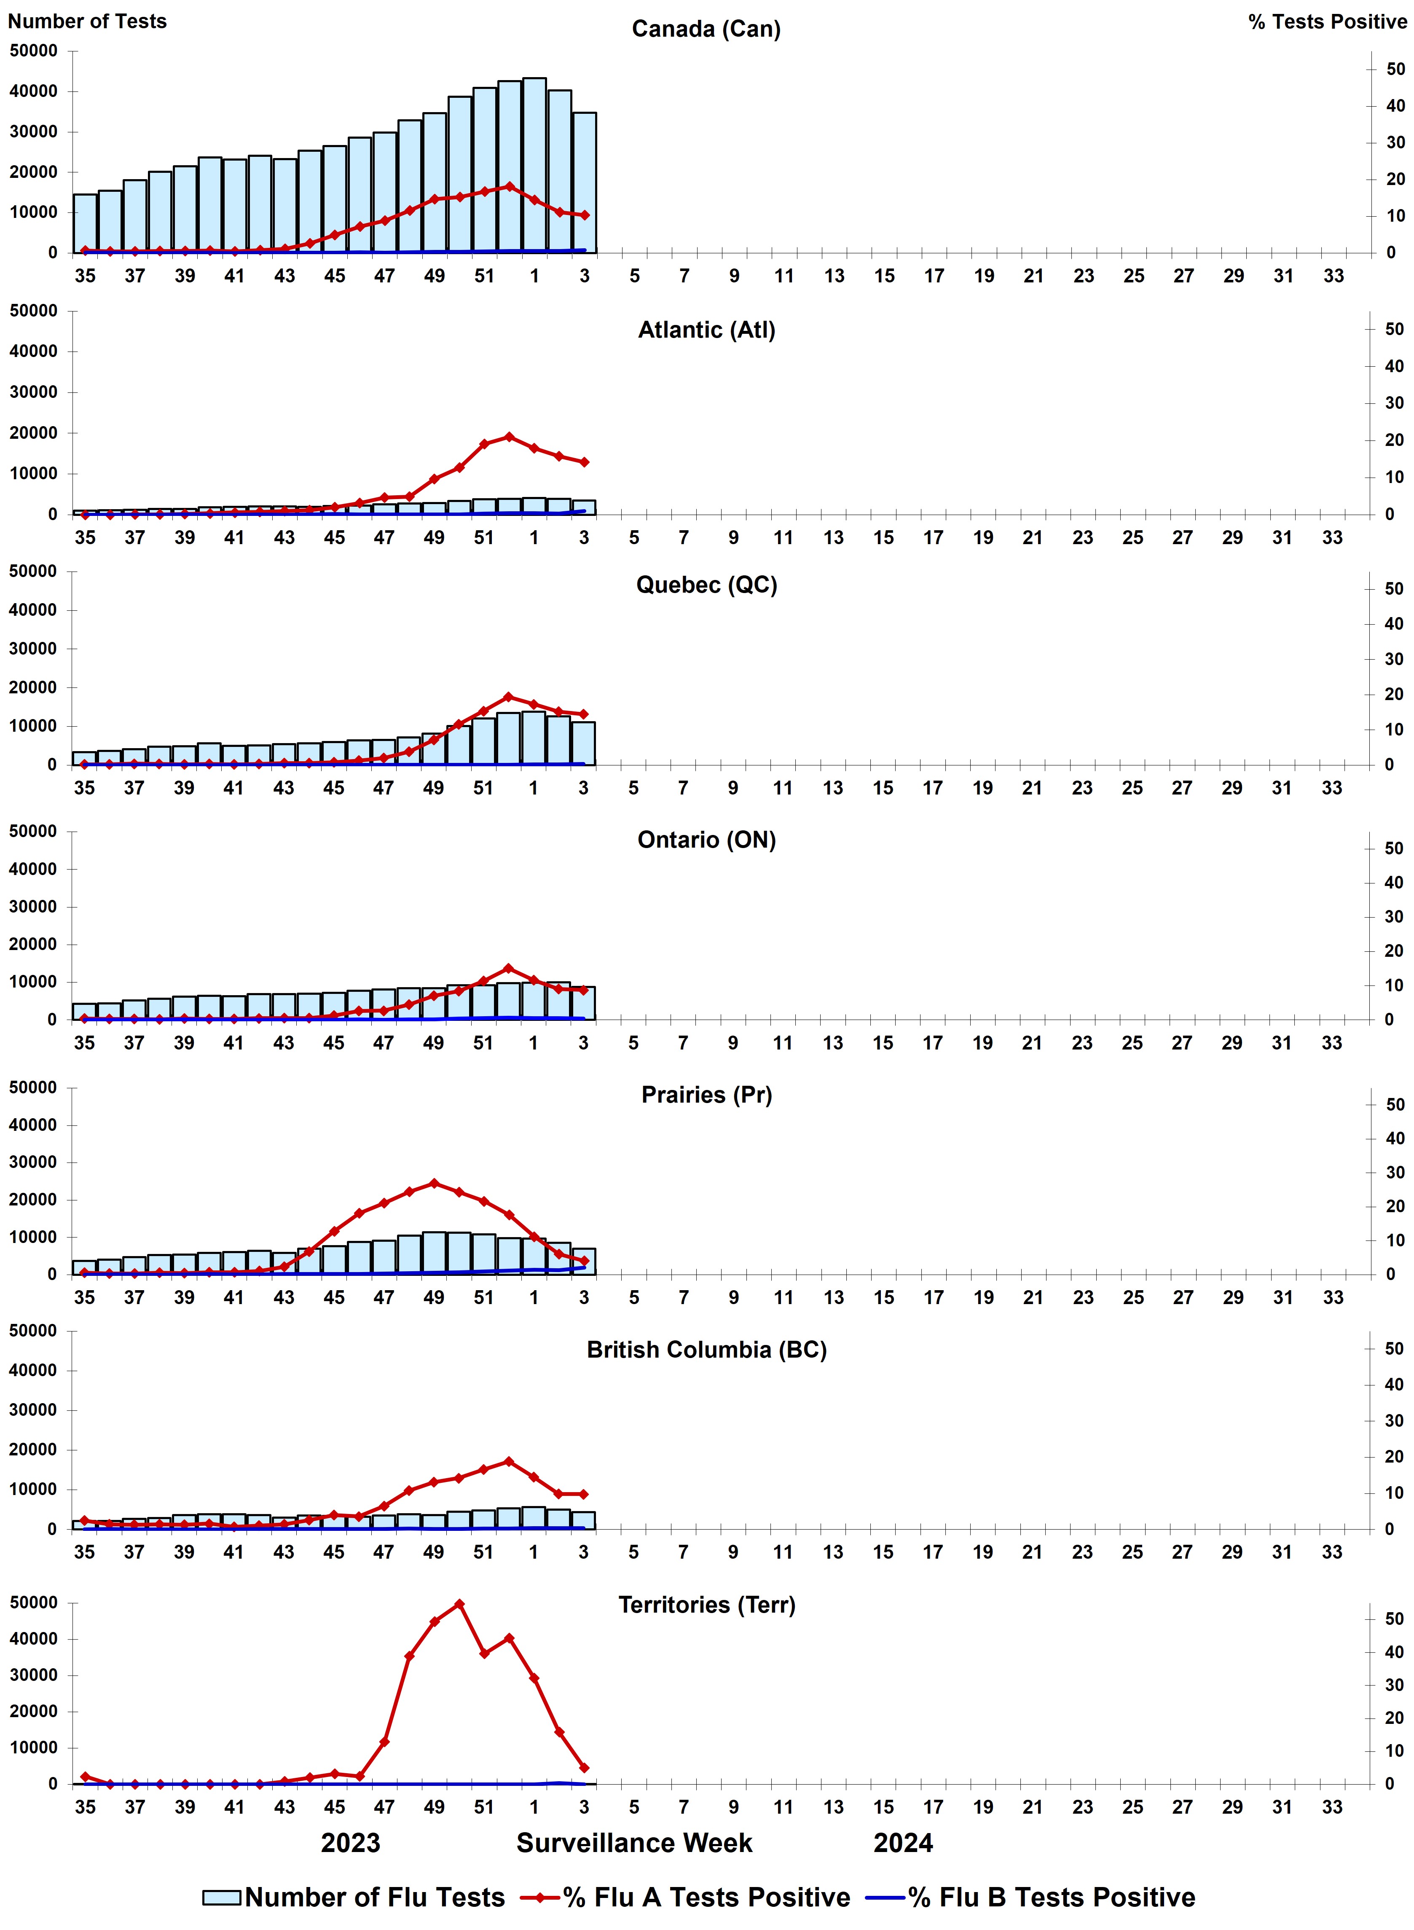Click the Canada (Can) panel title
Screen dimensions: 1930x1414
706,29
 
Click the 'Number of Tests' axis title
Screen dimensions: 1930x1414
87,21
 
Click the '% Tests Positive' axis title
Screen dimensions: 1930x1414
1327,22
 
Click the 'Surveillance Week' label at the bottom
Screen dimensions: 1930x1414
634,1843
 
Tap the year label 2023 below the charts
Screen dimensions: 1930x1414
351,1843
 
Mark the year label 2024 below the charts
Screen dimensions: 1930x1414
903,1843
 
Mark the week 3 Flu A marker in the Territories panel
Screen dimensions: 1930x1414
585,1767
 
